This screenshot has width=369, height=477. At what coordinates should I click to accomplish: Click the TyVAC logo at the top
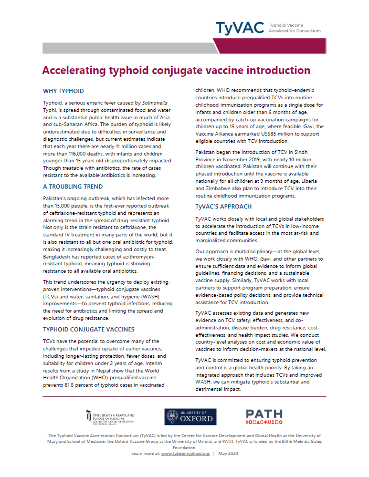[239, 27]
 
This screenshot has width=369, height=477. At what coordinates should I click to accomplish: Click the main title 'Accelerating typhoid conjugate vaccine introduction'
[176, 70]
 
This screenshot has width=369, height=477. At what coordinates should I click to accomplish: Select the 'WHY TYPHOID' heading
[63, 91]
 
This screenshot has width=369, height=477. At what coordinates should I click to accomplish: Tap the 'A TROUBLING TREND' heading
[73, 186]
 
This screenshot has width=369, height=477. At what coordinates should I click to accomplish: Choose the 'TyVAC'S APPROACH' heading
[223, 206]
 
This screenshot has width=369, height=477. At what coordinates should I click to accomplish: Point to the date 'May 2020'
[229, 453]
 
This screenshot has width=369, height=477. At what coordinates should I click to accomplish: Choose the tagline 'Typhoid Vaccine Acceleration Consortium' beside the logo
[294, 27]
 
